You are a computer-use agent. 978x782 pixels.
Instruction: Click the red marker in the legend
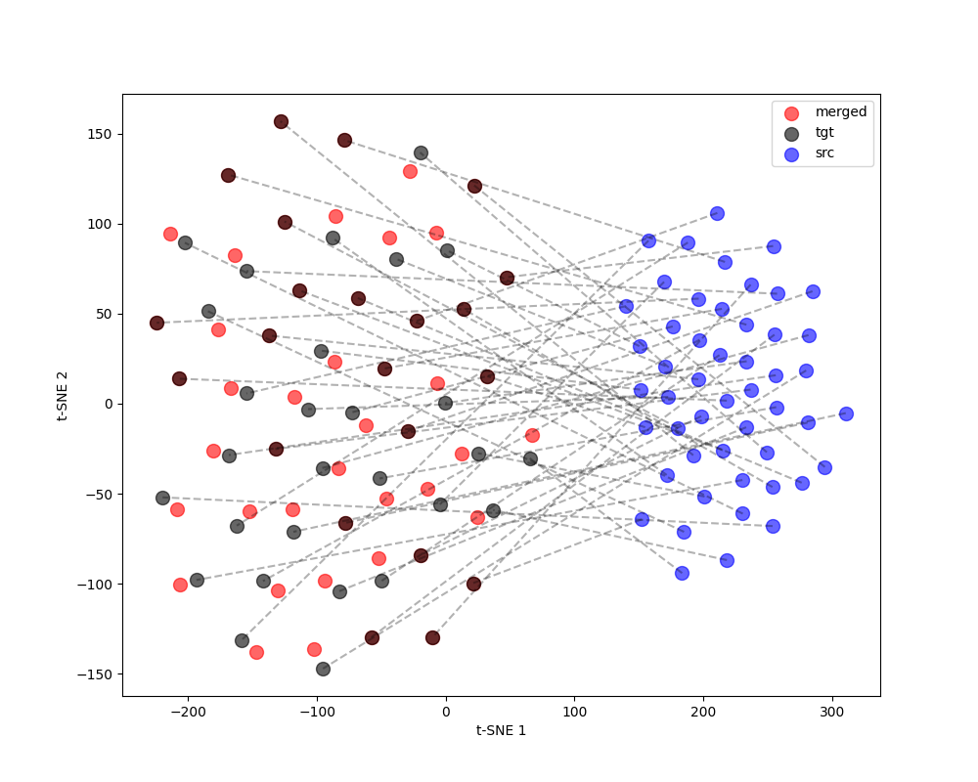(791, 112)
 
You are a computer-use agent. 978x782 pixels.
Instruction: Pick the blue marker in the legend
(791, 154)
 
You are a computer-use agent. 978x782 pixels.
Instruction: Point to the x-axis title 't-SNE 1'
(501, 730)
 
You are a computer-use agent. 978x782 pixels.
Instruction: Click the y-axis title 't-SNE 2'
(63, 395)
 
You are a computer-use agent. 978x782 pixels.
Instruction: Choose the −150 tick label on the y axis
(98, 673)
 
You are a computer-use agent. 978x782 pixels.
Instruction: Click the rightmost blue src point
(846, 413)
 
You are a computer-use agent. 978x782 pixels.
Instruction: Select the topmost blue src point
(717, 213)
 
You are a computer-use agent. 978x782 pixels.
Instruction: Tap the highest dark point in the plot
(281, 121)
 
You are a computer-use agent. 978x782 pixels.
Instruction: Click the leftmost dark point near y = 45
(156, 323)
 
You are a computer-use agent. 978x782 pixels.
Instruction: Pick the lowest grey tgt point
(323, 669)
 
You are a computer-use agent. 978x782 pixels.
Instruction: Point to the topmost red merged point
(410, 171)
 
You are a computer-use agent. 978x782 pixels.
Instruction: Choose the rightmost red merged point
(532, 435)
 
